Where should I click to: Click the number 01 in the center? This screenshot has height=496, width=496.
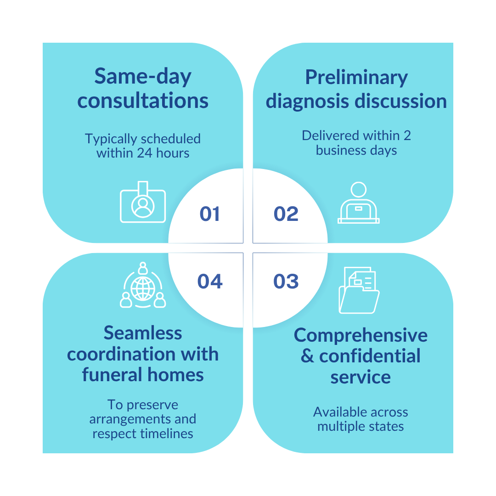(210, 214)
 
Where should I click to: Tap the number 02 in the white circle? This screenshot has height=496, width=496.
(286, 214)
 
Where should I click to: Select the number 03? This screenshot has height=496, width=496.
(286, 282)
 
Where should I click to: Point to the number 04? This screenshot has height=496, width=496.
(210, 282)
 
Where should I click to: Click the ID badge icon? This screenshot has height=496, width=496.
(143, 203)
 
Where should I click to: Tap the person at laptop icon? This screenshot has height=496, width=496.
(358, 203)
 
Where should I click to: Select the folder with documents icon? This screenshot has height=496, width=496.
(359, 290)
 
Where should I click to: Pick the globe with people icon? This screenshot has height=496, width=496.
(142, 285)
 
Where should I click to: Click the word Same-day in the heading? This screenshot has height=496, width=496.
(143, 77)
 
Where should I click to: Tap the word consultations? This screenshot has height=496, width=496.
(143, 101)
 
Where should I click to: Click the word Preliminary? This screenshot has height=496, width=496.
(356, 78)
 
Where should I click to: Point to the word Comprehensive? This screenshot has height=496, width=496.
(361, 335)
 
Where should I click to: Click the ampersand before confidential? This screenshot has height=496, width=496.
(308, 356)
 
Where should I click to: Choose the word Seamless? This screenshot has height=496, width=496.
(143, 333)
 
